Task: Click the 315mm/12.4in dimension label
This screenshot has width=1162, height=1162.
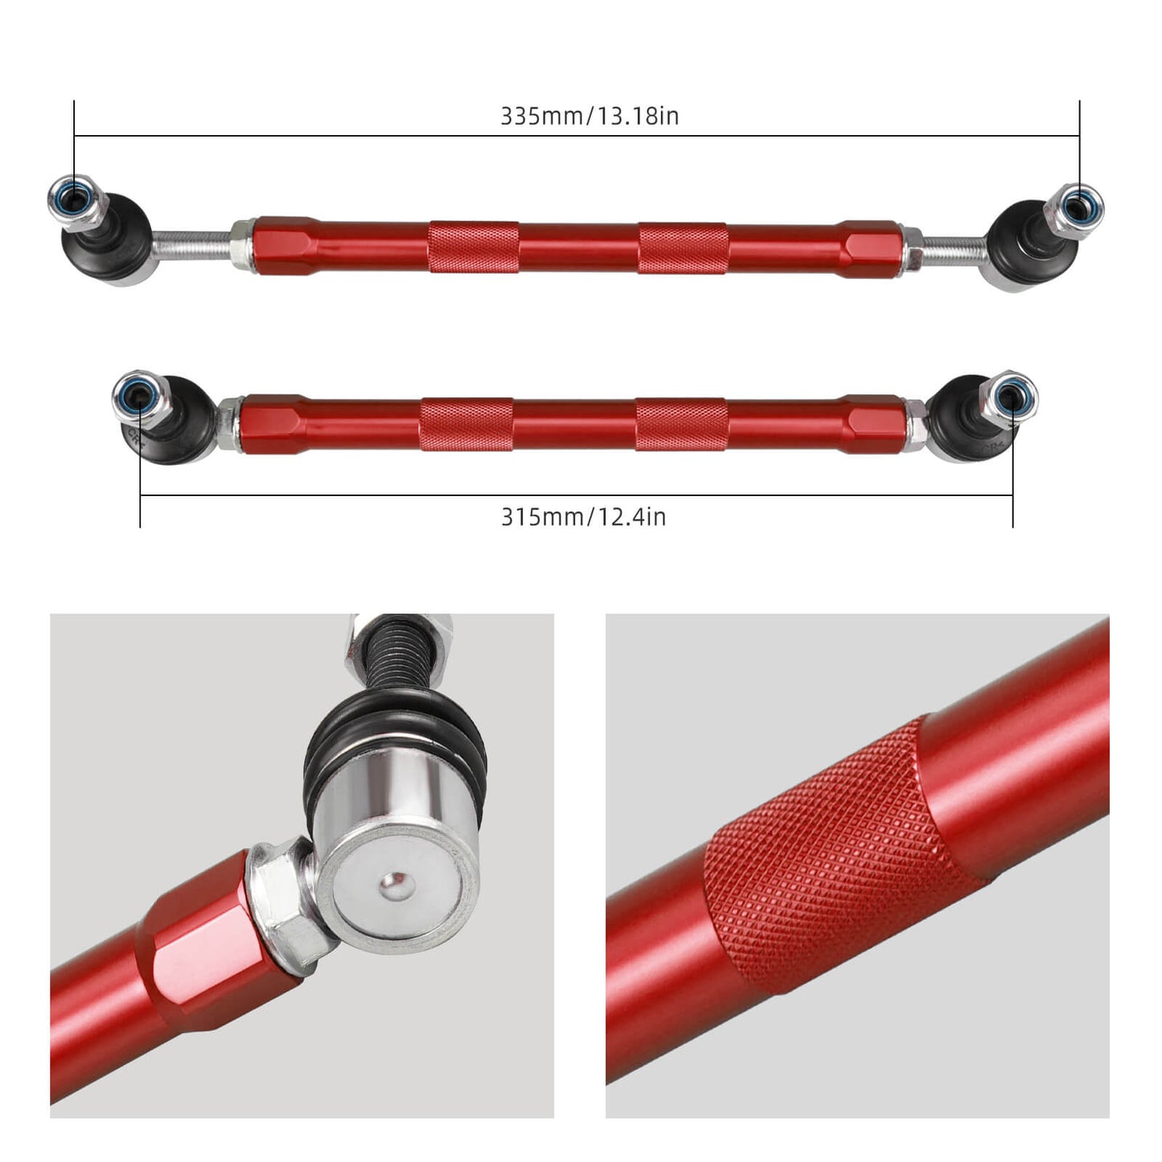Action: click(x=583, y=516)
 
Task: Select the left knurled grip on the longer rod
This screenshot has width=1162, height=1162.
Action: click(x=473, y=246)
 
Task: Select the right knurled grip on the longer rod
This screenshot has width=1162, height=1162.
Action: click(x=684, y=248)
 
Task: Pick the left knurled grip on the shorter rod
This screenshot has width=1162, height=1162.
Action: click(x=466, y=424)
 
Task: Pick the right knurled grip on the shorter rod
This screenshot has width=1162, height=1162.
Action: click(x=682, y=424)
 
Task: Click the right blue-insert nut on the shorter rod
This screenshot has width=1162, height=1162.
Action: click(x=1010, y=396)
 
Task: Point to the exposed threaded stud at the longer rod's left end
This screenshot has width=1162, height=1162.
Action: click(x=191, y=243)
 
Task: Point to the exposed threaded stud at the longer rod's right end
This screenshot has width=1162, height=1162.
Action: click(x=954, y=250)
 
